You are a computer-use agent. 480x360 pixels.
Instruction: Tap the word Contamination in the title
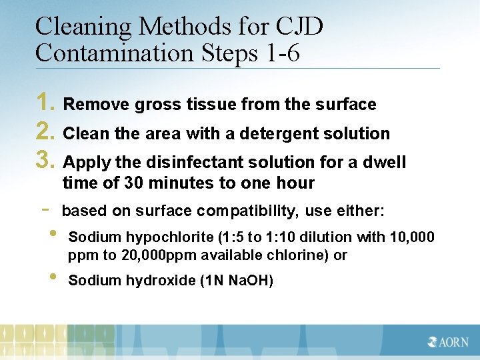pyautogui.click(x=109, y=53)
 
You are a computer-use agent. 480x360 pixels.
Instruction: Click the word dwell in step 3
pyautogui.click(x=385, y=162)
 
